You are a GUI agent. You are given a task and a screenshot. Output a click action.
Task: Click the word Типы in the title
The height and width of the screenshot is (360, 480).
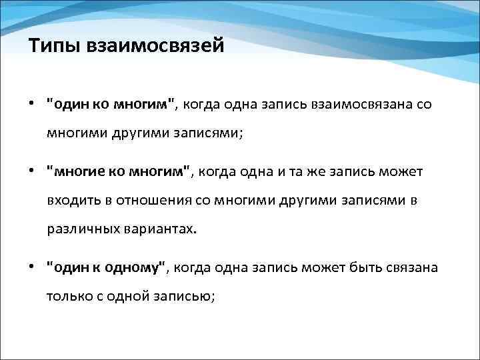(51, 47)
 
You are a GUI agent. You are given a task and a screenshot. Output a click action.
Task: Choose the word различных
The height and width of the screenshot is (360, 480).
(78, 230)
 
